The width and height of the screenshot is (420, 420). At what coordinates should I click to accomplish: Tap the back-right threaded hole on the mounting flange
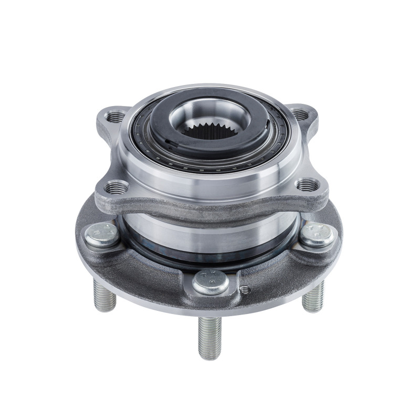point(300,113)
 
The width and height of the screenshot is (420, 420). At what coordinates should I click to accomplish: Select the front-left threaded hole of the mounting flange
point(113,186)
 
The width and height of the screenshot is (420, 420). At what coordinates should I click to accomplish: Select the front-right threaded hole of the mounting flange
point(307,185)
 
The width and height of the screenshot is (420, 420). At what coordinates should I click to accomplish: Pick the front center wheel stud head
point(210,282)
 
